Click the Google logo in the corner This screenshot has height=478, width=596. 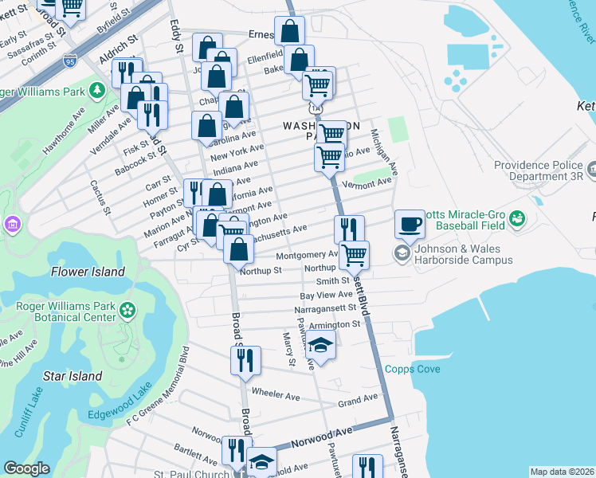pos(26,468)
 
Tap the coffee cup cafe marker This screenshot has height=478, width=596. pos(410,224)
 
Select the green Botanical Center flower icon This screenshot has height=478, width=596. pos(127,310)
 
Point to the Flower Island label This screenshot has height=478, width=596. pos(88,272)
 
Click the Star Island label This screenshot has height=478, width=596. pos(72,375)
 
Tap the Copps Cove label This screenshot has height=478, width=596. pos(411,369)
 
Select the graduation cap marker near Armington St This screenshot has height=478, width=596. pos(320,346)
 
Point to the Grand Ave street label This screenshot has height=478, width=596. pos(357,399)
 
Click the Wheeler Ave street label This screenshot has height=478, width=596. pos(275,394)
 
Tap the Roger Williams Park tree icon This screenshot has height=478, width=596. pos(98,89)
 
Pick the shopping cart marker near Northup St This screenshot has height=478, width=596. pos(354,255)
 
